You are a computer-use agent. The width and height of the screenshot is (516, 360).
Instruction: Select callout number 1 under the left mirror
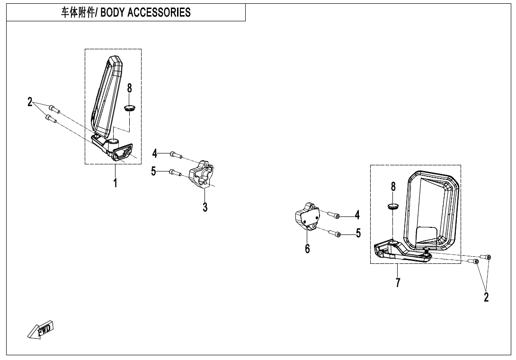[115, 182]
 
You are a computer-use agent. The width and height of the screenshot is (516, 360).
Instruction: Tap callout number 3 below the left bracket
[205, 207]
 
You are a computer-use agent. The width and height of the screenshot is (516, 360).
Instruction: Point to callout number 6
[307, 248]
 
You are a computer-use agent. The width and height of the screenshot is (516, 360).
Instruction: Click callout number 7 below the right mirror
[398, 283]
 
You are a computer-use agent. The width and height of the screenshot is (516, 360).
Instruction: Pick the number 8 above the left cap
[129, 88]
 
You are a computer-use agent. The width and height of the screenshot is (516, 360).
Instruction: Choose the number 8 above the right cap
[393, 187]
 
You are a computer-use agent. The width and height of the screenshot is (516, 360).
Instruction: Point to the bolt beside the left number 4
[175, 154]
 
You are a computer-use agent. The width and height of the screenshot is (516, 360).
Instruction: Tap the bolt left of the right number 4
[335, 216]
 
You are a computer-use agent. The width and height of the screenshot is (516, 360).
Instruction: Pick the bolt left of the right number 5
[336, 234]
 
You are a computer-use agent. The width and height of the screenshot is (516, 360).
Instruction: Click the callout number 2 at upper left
[30, 102]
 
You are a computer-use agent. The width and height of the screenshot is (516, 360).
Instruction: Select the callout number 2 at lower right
[486, 297]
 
